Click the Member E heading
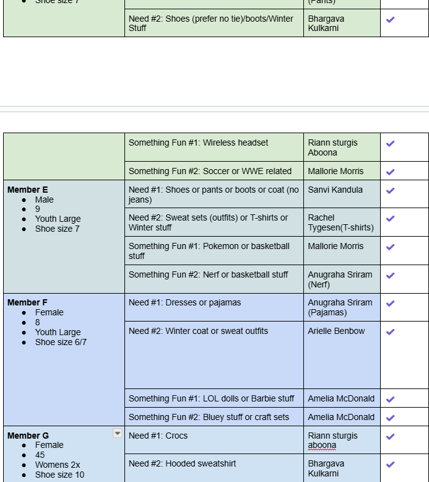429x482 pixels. click(28, 190)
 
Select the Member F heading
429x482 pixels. click(28, 302)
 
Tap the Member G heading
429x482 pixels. click(28, 436)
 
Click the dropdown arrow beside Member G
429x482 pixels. click(117, 434)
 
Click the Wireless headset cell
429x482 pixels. click(198, 142)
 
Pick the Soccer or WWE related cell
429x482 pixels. click(210, 171)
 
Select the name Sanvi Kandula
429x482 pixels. click(335, 190)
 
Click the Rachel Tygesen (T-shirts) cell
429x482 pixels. click(340, 222)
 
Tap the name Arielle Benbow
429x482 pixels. click(336, 331)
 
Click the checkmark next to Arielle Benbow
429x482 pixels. click(390, 331)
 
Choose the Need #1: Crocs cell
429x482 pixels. click(158, 436)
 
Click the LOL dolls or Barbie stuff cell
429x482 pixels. click(211, 398)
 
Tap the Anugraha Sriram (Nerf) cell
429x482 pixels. click(340, 279)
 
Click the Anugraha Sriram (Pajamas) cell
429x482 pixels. click(340, 307)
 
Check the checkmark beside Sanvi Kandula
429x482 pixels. click(390, 190)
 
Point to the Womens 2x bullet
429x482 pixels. click(58, 465)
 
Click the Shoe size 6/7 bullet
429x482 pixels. click(61, 342)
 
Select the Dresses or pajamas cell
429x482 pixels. click(184, 302)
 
